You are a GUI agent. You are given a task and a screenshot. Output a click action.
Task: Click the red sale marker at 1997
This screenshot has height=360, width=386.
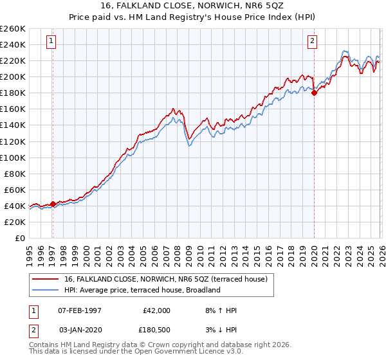click(x=53, y=204)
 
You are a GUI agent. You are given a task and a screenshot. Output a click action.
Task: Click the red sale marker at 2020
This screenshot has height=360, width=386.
click(x=314, y=93)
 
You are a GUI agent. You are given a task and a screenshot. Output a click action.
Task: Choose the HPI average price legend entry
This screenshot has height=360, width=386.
click(x=142, y=290)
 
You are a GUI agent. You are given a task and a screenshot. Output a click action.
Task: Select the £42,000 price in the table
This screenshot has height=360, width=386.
click(x=156, y=310)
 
